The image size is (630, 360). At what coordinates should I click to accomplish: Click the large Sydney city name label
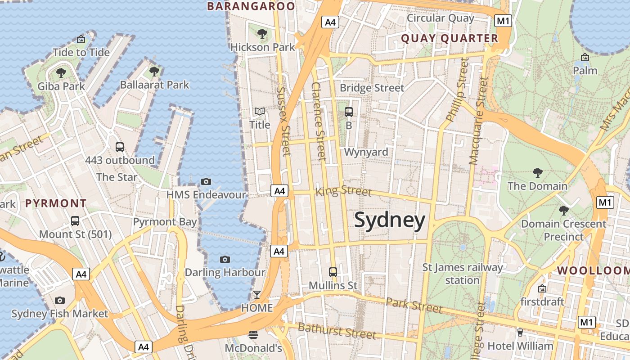point(389,220)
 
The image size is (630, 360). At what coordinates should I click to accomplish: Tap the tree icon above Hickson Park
point(262,33)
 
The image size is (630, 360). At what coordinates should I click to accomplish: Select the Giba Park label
point(61,86)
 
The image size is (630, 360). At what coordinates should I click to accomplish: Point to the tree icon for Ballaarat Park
point(154,71)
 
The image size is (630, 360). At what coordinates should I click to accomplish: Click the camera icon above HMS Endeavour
point(206,181)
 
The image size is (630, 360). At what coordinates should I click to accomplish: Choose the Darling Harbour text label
point(225,272)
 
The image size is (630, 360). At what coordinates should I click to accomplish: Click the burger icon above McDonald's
point(253,334)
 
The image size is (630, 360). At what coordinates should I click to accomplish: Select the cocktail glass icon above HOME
point(256,295)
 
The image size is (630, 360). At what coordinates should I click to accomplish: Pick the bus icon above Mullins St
point(333,272)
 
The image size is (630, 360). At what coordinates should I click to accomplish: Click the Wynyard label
point(366,152)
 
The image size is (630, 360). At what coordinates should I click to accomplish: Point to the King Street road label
point(344,191)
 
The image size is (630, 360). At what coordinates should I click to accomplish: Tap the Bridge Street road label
point(372,88)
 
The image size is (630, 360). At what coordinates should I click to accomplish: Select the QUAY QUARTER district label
point(450,39)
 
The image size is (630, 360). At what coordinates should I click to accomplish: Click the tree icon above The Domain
point(537,172)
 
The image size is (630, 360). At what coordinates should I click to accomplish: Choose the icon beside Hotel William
point(521,333)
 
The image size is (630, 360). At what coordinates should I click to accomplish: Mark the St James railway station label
point(462,274)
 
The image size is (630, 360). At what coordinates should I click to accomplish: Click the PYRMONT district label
point(56,203)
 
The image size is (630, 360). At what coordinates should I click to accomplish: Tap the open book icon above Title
point(260,111)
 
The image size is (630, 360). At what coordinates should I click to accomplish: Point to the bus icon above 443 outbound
point(120,147)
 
